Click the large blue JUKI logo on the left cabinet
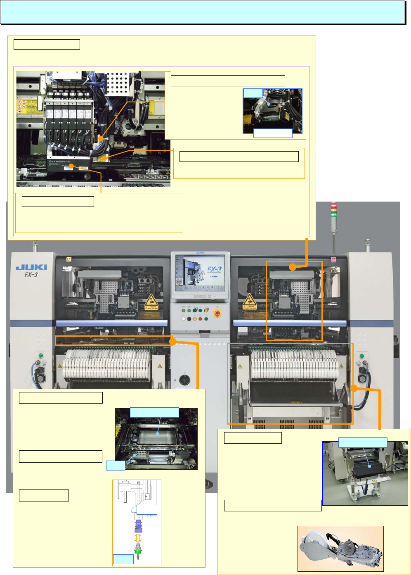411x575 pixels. tap(31, 267)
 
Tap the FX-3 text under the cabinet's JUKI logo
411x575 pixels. tap(31, 275)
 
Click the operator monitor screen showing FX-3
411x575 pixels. tap(200, 273)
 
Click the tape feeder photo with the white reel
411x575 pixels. tap(340, 548)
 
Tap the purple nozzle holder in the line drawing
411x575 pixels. tap(138, 527)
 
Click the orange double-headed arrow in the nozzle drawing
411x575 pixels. tap(138, 538)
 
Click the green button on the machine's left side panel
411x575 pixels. tap(40, 355)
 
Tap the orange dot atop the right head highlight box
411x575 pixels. tap(293, 267)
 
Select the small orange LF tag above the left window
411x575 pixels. tap(69, 259)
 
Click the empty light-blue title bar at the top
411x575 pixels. tap(203, 12)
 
